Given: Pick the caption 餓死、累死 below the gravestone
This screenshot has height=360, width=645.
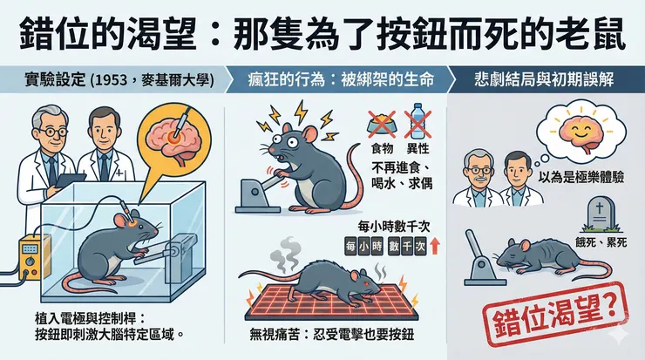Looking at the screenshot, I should (601, 241).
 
